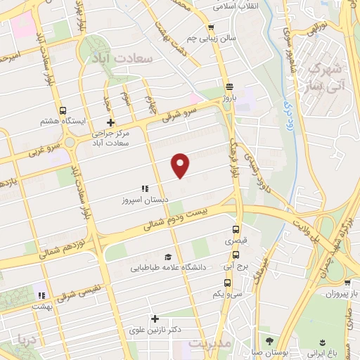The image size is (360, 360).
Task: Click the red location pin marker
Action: tap(181, 165)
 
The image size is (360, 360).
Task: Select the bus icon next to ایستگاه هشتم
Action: tap(63, 111)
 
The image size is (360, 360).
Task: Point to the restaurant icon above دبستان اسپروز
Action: tap(144, 188)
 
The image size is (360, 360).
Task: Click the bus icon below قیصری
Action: tap(236, 230)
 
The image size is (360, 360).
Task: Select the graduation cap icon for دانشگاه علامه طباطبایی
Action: tap(167, 257)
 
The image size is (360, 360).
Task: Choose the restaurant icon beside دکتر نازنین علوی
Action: tap(155, 319)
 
